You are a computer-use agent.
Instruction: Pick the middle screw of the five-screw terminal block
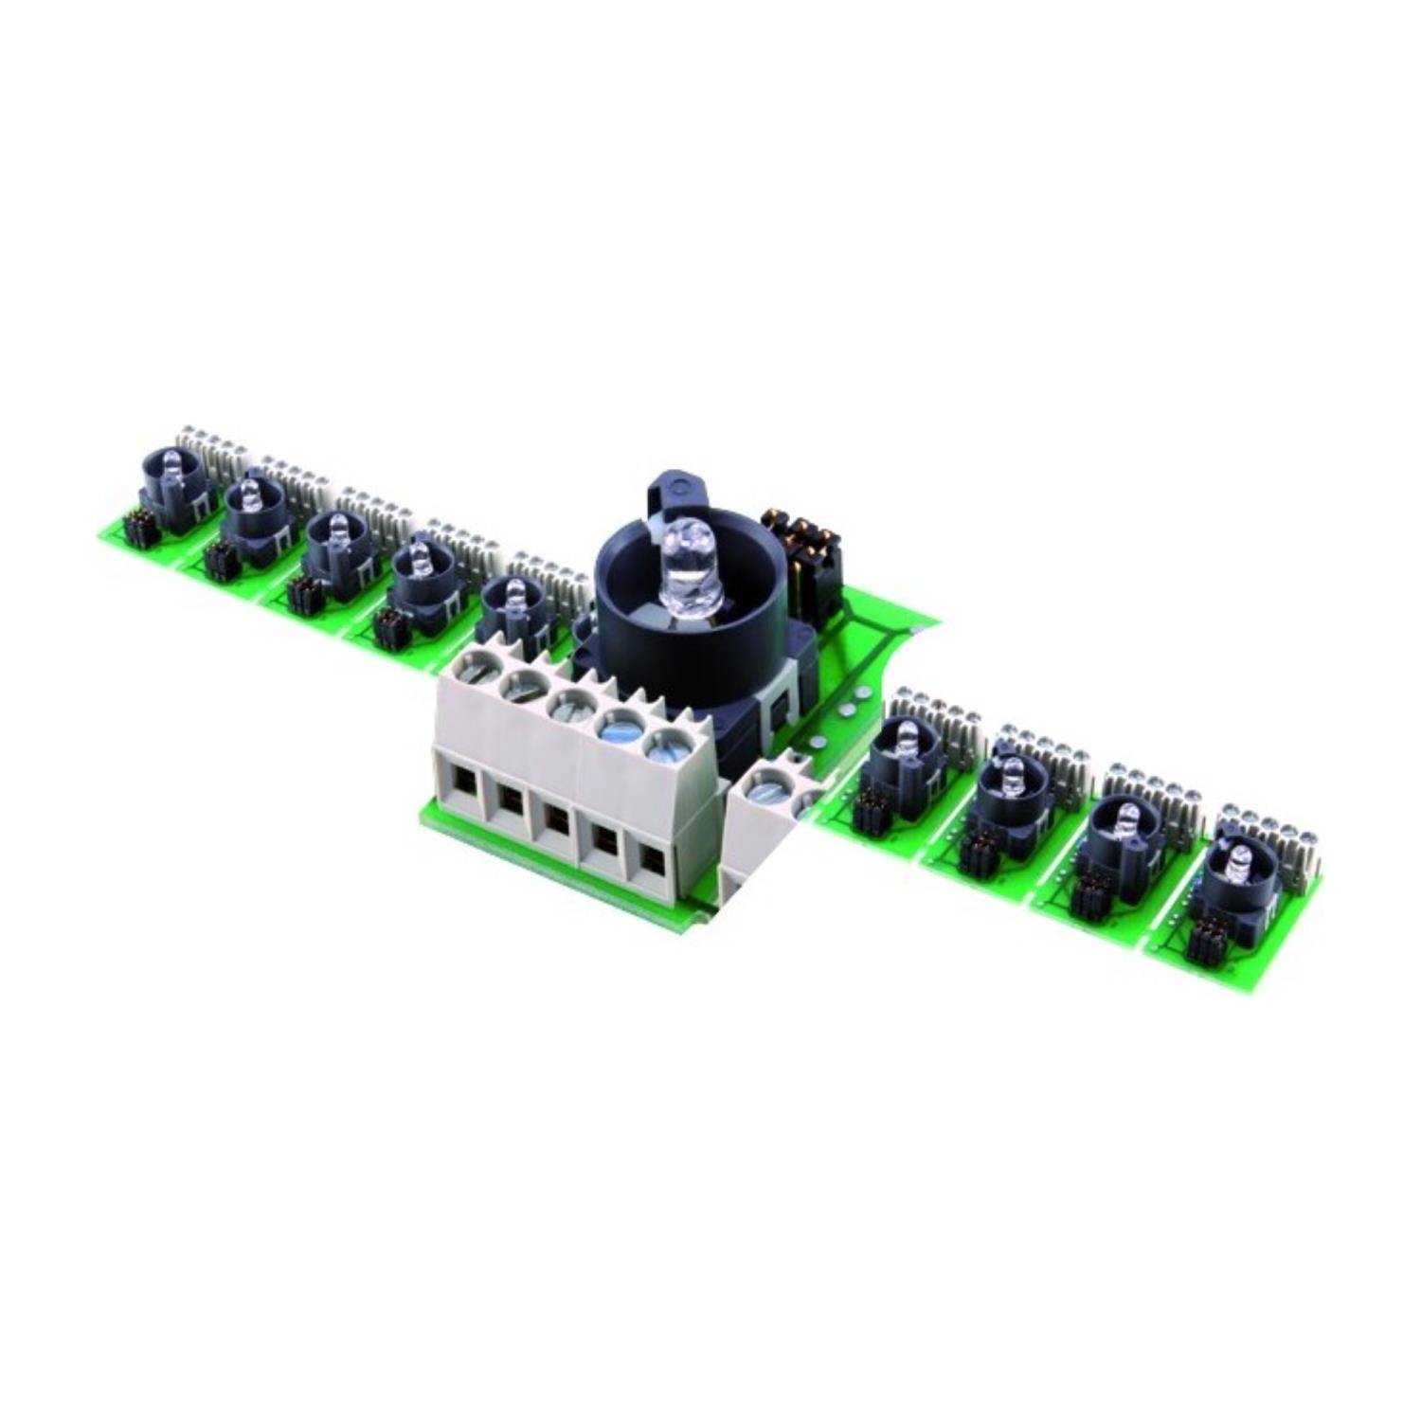pyautogui.click(x=570, y=705)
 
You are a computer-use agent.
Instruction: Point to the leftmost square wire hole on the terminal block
pyautogui.click(x=462, y=781)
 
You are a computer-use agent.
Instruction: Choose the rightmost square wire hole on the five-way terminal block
pyautogui.click(x=651, y=857)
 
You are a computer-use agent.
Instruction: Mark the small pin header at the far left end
pyautogui.click(x=138, y=528)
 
